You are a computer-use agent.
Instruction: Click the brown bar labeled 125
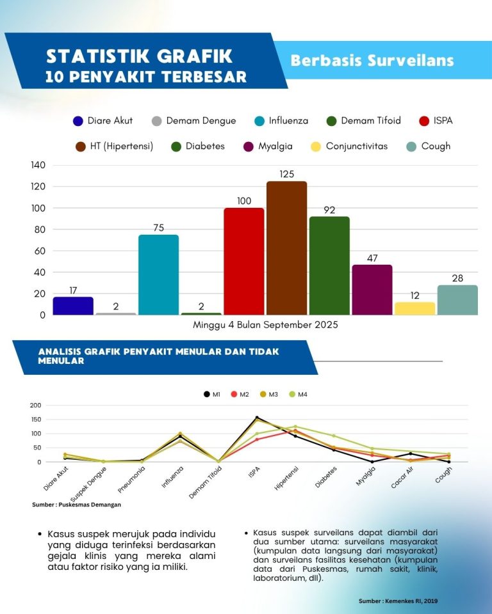coord(286,248)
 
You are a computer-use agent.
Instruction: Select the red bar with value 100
coord(243,261)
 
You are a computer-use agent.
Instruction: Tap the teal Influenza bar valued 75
coord(158,275)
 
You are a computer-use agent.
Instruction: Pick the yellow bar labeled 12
coord(414,308)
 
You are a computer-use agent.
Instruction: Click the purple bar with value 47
coord(372,290)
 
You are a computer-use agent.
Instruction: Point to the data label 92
coord(329,210)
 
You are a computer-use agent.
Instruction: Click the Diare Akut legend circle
coord(78,121)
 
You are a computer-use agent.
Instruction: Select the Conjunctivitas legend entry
coord(350,146)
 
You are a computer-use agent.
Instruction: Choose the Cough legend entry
coord(429,146)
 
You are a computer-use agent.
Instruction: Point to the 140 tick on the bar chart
coord(38,165)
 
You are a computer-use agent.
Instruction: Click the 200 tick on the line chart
coord(35,405)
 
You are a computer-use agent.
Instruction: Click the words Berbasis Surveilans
coord(372,61)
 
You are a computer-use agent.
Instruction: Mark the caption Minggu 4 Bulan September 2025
coord(265,324)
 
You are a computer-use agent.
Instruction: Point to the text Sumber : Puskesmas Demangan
coord(76,505)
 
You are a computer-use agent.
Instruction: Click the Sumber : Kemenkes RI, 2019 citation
coord(398,601)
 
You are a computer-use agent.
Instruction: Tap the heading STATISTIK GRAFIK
coord(139,56)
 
